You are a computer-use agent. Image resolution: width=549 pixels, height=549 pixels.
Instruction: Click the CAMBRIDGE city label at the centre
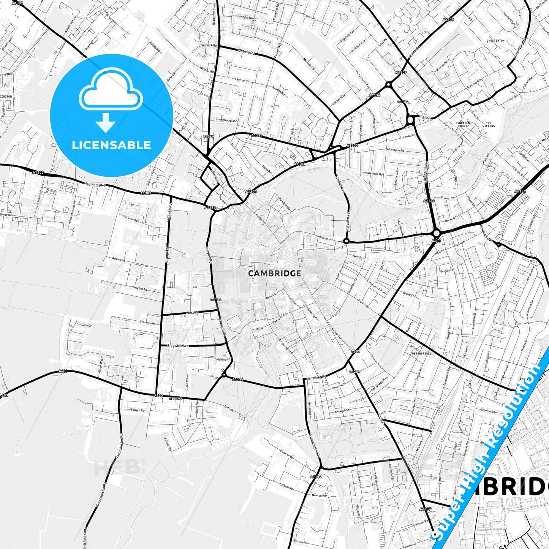pyautogui.click(x=274, y=273)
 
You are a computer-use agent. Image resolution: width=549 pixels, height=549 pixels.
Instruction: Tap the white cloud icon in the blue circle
pyautogui.click(x=111, y=91)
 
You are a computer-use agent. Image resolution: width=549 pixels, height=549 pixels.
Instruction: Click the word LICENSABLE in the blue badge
pyautogui.click(x=111, y=145)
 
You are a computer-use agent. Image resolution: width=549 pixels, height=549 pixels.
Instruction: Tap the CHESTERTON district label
pyautogui.click(x=495, y=41)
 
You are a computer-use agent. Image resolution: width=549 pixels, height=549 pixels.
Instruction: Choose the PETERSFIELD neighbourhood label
pyautogui.click(x=421, y=353)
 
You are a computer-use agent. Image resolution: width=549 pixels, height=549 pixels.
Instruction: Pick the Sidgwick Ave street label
pyautogui.click(x=178, y=346)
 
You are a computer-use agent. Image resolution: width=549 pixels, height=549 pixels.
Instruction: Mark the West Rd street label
pyautogui.click(x=192, y=313)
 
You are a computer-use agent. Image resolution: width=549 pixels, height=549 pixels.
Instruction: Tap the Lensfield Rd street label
pyautogui.click(x=316, y=377)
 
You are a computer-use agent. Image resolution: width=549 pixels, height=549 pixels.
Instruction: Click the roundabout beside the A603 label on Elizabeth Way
pyautogui.click(x=436, y=233)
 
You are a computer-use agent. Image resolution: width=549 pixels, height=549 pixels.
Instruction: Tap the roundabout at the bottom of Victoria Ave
pyautogui.click(x=346, y=241)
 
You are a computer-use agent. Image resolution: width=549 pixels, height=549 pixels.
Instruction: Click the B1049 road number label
pyautogui.click(x=208, y=136)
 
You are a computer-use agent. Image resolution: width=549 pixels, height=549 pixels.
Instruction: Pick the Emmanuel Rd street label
pyautogui.click(x=340, y=272)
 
